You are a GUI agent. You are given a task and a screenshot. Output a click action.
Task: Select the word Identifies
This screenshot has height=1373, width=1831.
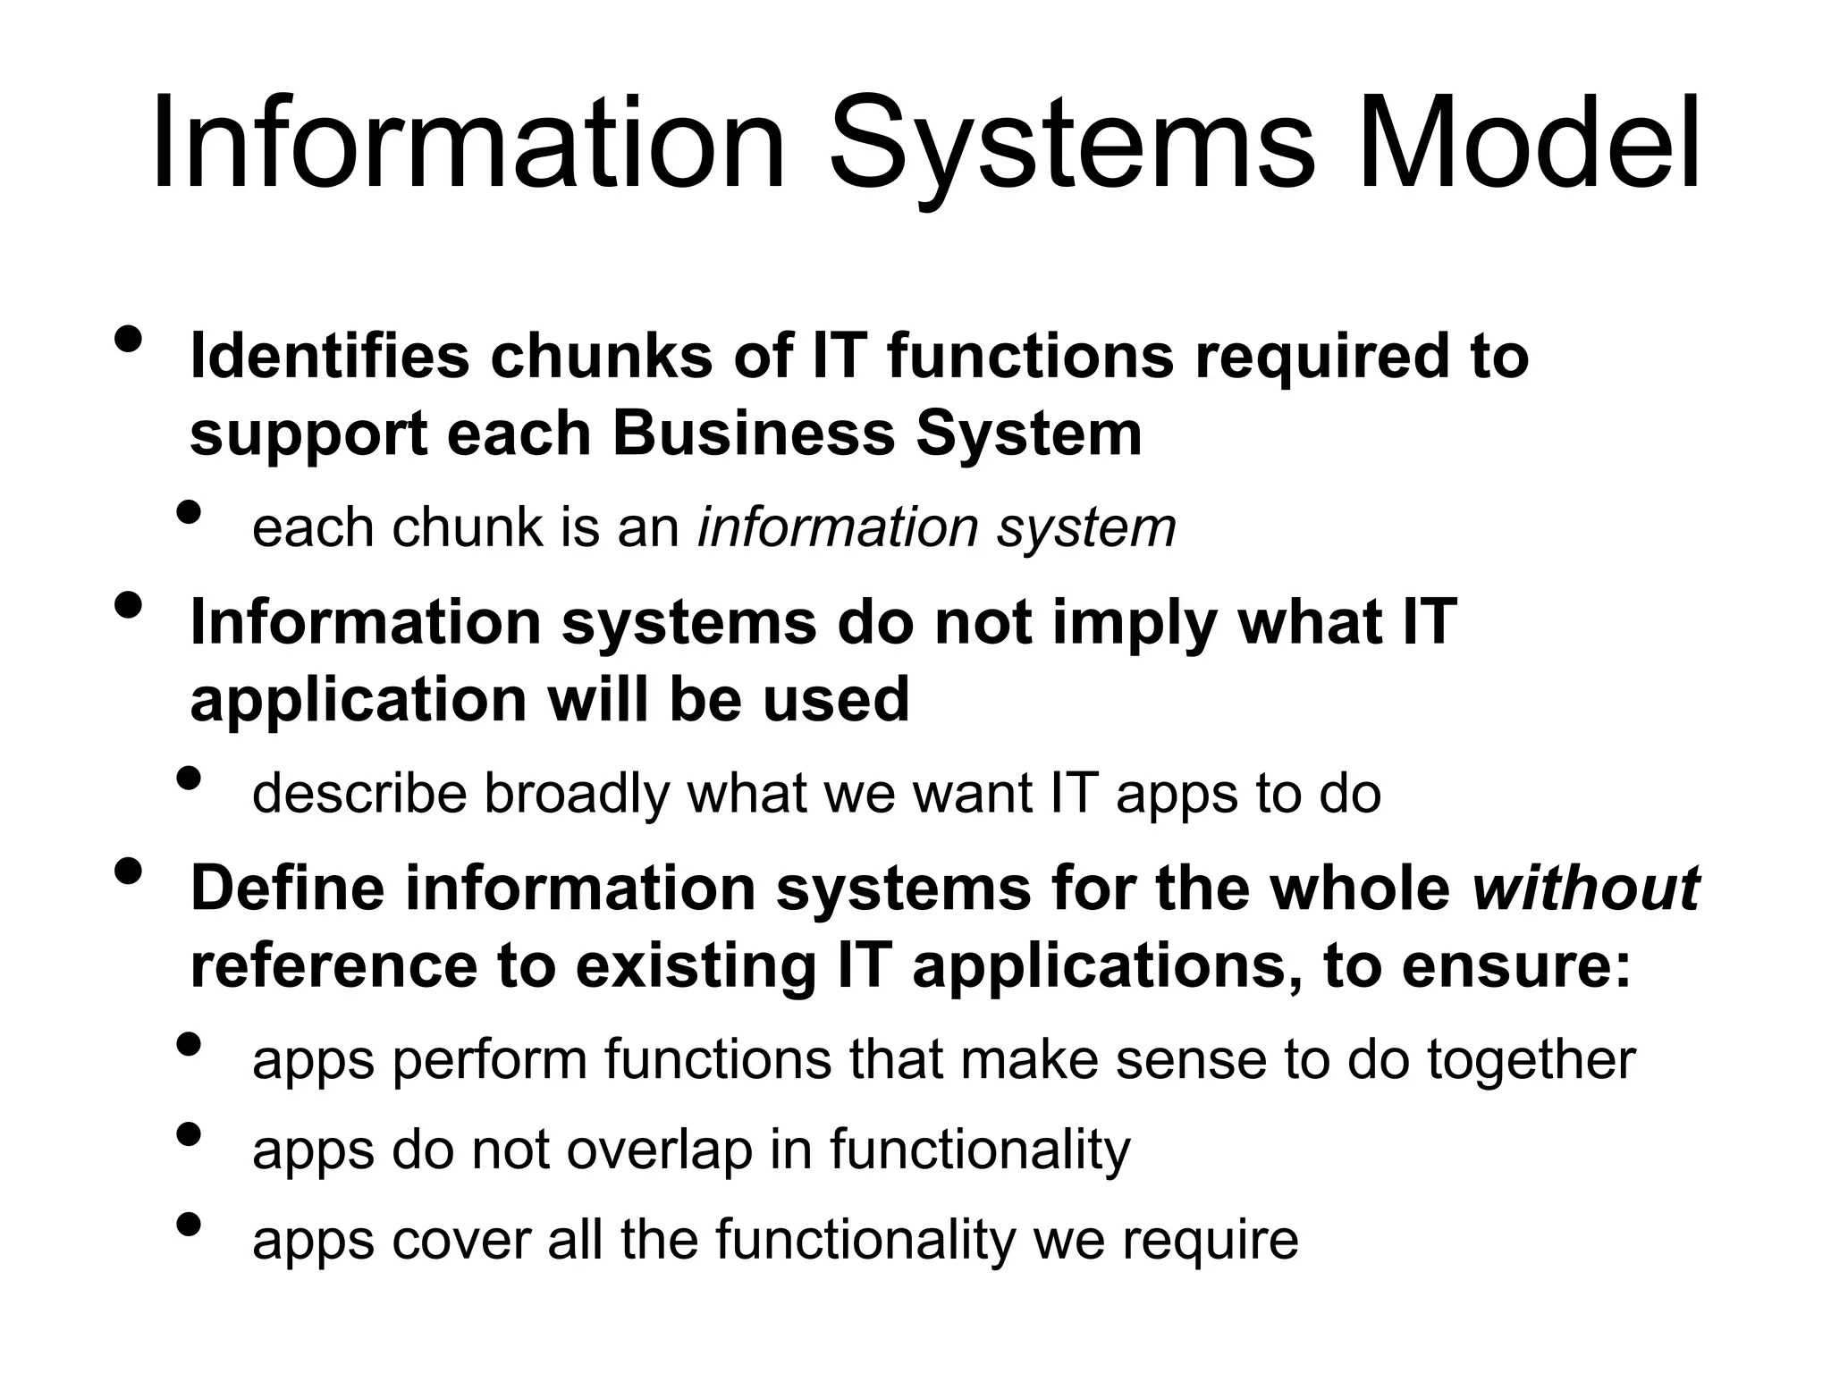coord(330,356)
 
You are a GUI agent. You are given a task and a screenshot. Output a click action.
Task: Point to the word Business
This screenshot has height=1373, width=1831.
coord(755,434)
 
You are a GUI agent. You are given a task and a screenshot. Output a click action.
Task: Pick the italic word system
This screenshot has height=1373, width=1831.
coord(1086,528)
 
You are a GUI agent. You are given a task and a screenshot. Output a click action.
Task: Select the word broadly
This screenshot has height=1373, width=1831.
coord(577,794)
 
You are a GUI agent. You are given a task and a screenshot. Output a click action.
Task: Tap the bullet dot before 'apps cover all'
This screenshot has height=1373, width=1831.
coord(189,1224)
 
